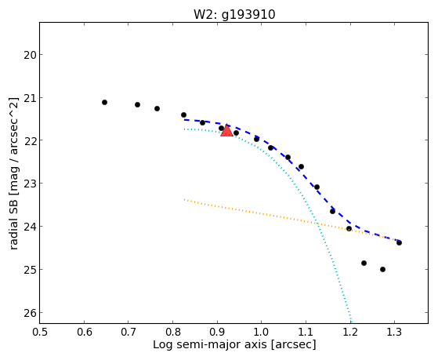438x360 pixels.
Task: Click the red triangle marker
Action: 226,131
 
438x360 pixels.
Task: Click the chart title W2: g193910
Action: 234,15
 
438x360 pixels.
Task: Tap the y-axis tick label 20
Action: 30,55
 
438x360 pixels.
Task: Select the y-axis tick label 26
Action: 30,313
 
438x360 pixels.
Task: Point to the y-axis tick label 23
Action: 30,184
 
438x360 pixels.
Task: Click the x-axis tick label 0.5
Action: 40,332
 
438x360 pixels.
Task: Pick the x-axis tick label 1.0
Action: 261,332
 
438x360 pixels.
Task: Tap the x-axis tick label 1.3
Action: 394,332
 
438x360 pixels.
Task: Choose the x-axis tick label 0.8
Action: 172,332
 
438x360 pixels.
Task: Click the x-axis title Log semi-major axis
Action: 210,344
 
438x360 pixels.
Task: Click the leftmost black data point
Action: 104,103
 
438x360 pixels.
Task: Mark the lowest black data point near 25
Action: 382,269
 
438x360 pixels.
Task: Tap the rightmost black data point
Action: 399,242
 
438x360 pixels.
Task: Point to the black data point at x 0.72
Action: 137,104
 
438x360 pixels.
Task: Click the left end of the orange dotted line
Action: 184,200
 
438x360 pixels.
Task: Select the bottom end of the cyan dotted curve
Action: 351,322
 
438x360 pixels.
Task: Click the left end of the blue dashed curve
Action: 184,120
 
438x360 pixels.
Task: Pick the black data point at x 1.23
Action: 364,264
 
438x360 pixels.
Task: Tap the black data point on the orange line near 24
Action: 349,228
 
